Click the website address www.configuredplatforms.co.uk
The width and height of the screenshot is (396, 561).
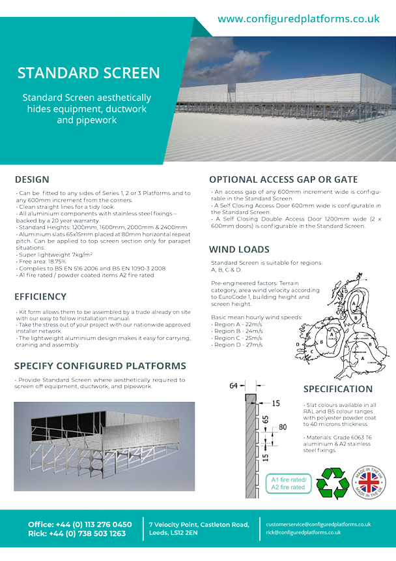click(298, 19)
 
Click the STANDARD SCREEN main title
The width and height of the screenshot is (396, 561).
click(89, 72)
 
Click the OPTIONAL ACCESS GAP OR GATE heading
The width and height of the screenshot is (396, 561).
click(283, 179)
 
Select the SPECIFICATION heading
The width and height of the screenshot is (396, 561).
click(338, 389)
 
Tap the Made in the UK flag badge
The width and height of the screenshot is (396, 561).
click(369, 484)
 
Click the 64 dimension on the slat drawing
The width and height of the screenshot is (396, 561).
click(234, 386)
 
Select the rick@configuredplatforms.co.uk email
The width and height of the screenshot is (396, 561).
click(303, 532)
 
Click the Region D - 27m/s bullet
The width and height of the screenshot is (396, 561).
click(237, 344)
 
